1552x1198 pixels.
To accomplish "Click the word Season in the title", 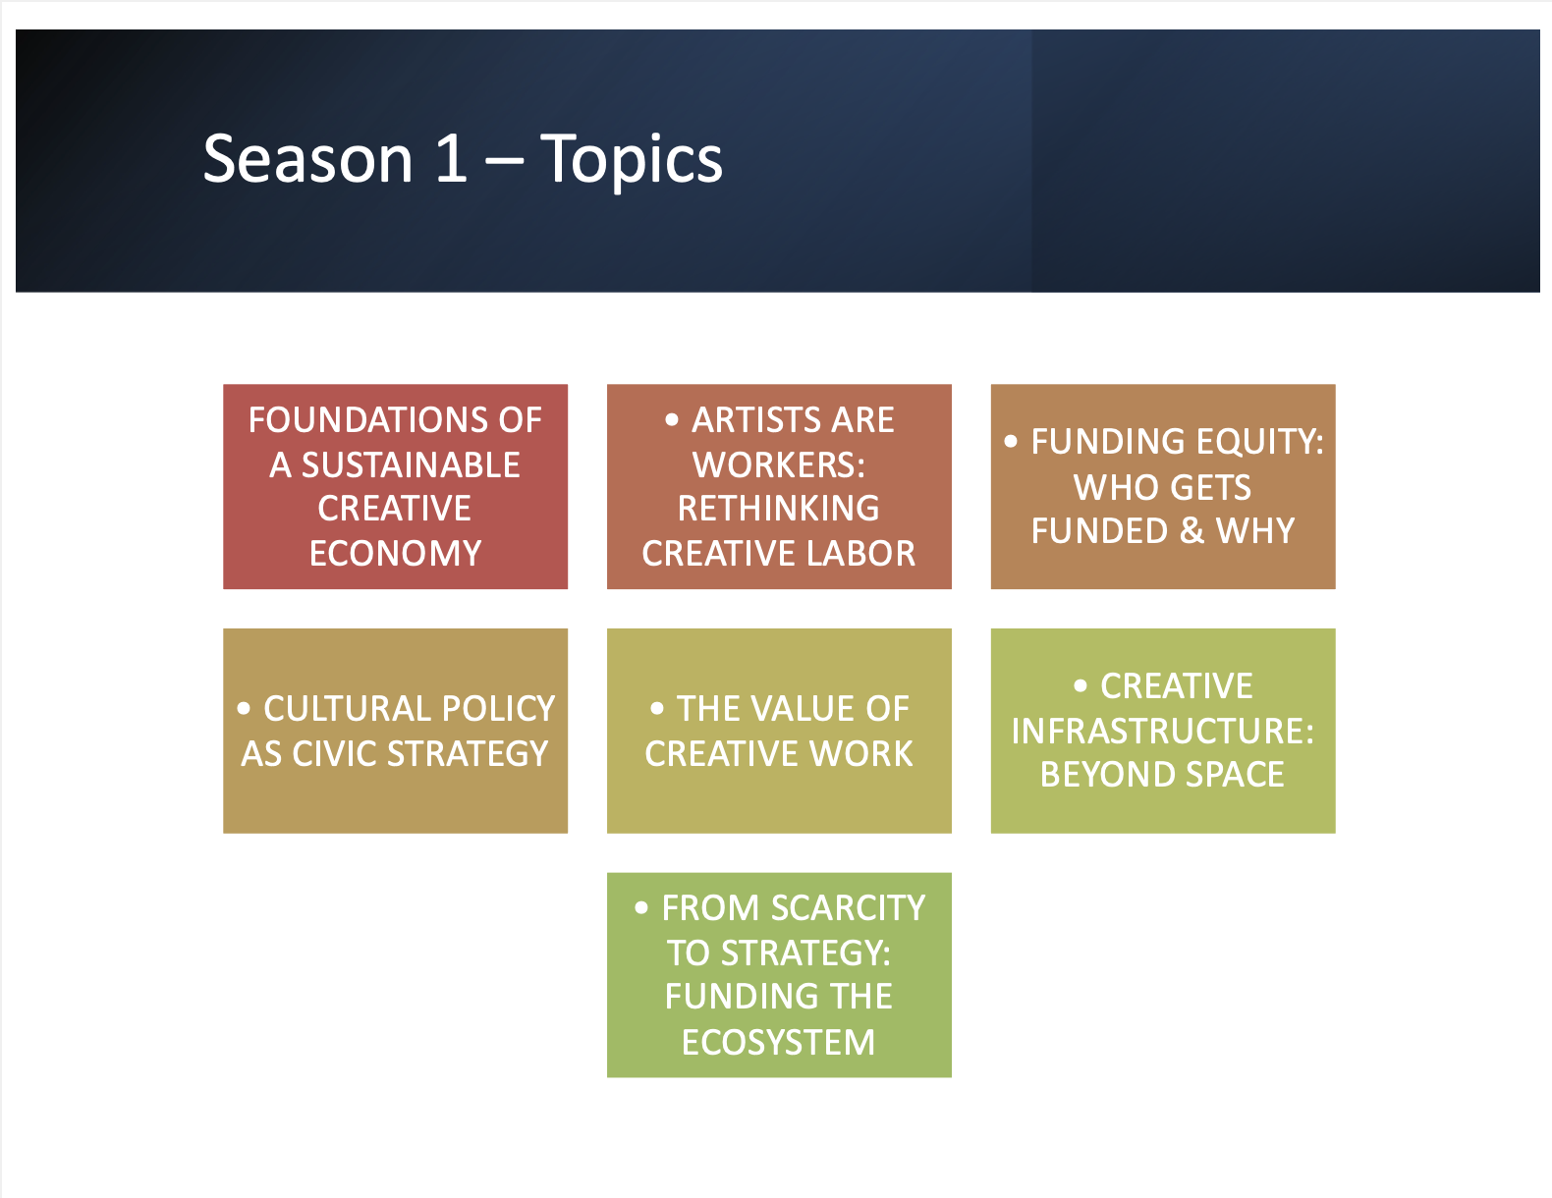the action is click(x=307, y=159).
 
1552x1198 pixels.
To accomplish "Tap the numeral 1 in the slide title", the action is click(x=451, y=158).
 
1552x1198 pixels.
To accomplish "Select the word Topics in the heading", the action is click(x=632, y=162).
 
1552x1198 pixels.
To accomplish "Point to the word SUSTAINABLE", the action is click(x=411, y=464).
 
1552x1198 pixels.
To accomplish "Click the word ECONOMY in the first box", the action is click(x=395, y=553).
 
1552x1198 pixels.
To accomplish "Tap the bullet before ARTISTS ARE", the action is click(x=671, y=420).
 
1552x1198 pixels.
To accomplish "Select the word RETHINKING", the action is click(x=779, y=509).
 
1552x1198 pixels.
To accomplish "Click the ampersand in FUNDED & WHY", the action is click(x=1192, y=530).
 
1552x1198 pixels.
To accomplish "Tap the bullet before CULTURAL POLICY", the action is click(x=244, y=708).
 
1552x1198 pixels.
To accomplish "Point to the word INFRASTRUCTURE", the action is click(x=1163, y=731).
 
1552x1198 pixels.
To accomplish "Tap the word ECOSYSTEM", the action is click(x=779, y=1043).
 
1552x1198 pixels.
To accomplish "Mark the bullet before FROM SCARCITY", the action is click(x=641, y=908).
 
